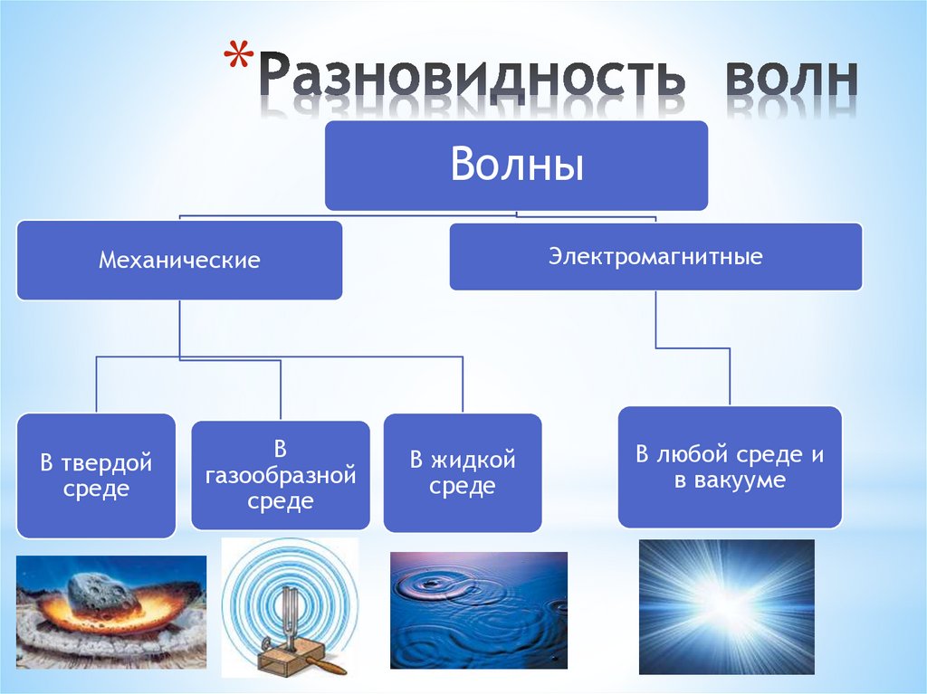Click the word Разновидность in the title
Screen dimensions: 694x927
(471, 80)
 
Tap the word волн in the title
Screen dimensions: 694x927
(789, 80)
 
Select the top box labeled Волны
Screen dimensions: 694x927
(516, 166)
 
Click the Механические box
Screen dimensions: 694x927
(179, 261)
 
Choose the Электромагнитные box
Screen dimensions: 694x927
(655, 257)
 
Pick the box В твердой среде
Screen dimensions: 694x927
(96, 476)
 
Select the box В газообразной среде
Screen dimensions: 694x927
(281, 475)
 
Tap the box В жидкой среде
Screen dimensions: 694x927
(463, 472)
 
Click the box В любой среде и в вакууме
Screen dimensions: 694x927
(730, 467)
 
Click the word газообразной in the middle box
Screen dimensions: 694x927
(281, 475)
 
